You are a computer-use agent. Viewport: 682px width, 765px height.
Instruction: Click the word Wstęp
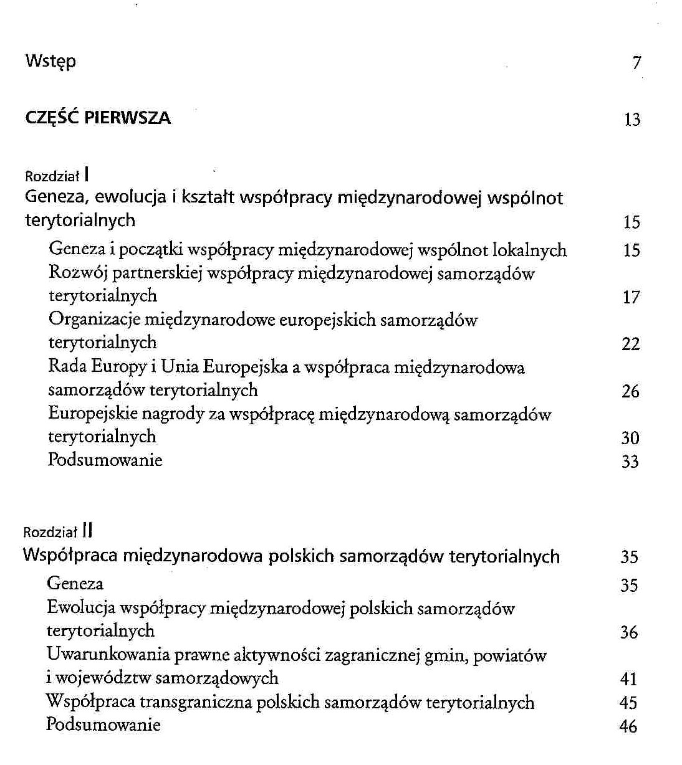(50, 62)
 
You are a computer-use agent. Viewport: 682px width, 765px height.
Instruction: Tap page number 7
(636, 63)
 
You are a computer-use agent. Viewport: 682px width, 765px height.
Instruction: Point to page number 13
(632, 120)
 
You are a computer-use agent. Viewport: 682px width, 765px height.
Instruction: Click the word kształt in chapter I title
(208, 198)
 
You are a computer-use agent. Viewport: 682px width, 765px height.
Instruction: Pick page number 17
(631, 297)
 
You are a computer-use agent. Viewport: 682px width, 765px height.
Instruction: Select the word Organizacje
(94, 320)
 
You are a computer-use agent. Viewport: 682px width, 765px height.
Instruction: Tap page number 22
(631, 344)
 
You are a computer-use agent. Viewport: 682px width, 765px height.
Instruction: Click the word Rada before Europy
(68, 367)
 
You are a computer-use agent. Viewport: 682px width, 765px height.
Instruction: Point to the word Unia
(180, 367)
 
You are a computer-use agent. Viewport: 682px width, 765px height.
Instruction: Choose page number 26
(631, 391)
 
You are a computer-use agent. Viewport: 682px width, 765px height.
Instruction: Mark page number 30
(630, 438)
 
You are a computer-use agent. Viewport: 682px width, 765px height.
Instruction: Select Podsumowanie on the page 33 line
(105, 460)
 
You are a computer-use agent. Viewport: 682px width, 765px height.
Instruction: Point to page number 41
(628, 679)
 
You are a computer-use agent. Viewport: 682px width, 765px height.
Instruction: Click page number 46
(628, 726)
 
